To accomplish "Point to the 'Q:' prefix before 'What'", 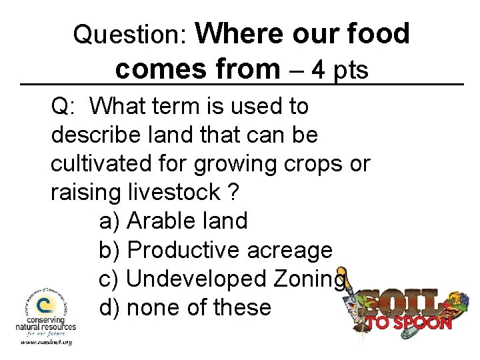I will coord(65,106).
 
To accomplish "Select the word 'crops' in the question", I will coord(308,163).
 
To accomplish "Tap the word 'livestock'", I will coord(173,193).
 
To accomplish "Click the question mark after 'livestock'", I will coord(232,193).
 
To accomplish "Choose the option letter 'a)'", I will coord(109,221).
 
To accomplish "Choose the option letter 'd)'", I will coord(110,307).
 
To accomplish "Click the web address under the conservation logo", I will coord(45,342).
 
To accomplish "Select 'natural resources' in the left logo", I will coord(46,327).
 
